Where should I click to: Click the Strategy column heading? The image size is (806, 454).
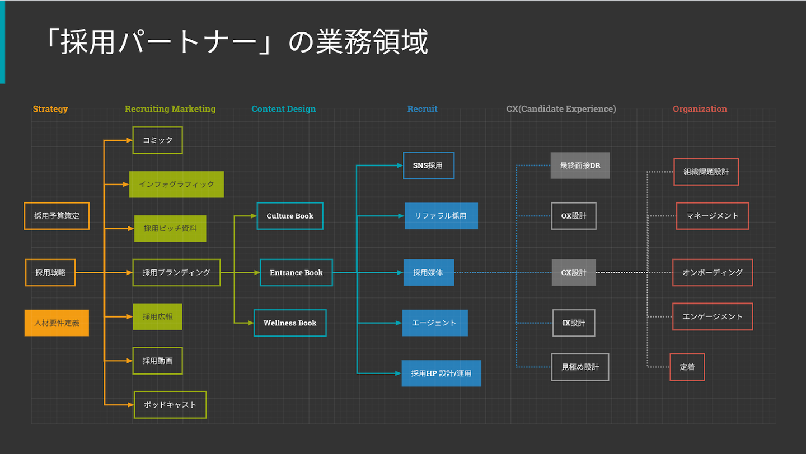click(x=50, y=109)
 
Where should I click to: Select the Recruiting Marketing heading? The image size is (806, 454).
click(x=170, y=109)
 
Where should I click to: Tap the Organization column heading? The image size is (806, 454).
click(x=700, y=109)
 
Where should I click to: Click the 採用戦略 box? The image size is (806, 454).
click(x=50, y=273)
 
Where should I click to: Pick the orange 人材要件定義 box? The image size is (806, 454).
click(x=57, y=323)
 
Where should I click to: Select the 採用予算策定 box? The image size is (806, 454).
click(x=57, y=216)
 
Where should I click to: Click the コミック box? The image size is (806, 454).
click(x=158, y=140)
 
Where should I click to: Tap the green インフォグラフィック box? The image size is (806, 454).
click(x=176, y=185)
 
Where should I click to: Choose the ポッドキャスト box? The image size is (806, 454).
click(x=170, y=405)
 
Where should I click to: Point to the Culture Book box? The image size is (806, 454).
click(x=290, y=216)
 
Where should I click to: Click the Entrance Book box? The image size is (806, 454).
click(x=296, y=273)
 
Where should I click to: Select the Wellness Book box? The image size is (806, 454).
click(x=290, y=323)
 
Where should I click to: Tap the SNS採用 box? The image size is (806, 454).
click(x=429, y=165)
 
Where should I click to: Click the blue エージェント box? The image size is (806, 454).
click(x=435, y=323)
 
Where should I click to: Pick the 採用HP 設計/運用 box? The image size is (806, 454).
click(x=441, y=373)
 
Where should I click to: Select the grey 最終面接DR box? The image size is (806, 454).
click(x=580, y=165)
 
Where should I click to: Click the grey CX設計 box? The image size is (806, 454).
click(x=574, y=273)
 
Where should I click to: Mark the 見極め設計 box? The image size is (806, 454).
click(x=580, y=367)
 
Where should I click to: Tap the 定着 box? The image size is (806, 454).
click(x=687, y=367)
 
